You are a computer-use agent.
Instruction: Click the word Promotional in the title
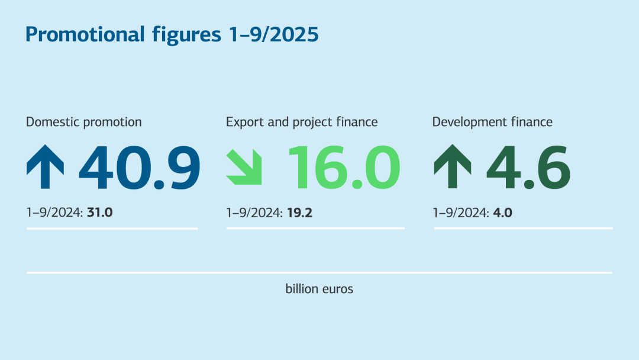pyautogui.click(x=85, y=34)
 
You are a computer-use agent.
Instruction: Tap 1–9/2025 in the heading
pyautogui.click(x=273, y=34)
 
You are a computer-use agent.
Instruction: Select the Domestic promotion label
pyautogui.click(x=84, y=122)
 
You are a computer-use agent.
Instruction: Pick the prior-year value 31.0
pyautogui.click(x=99, y=211)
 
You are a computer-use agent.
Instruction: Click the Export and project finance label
pyautogui.click(x=302, y=122)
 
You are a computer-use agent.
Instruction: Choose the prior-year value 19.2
pyautogui.click(x=299, y=211)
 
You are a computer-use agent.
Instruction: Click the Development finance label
pyautogui.click(x=492, y=122)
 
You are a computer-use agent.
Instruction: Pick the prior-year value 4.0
pyautogui.click(x=502, y=211)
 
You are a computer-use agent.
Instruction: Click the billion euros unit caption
pyautogui.click(x=319, y=290)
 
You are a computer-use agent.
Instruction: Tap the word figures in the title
pyautogui.click(x=183, y=34)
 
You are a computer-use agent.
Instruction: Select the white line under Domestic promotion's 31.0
pyautogui.click(x=112, y=229)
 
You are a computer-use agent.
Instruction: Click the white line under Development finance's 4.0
pyautogui.click(x=523, y=229)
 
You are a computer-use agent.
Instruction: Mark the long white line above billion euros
pyautogui.click(x=319, y=273)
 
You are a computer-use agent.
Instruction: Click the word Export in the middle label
pyautogui.click(x=244, y=122)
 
